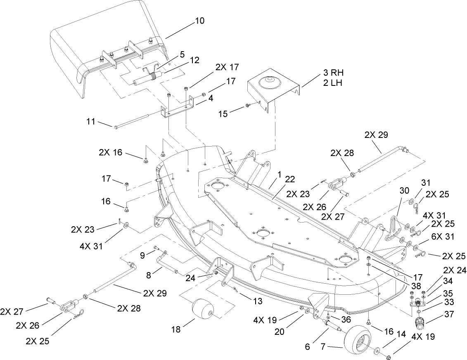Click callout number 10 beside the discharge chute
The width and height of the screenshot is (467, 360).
[199, 21]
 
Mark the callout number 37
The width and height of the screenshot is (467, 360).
[447, 315]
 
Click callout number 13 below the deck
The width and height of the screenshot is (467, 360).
[257, 302]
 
